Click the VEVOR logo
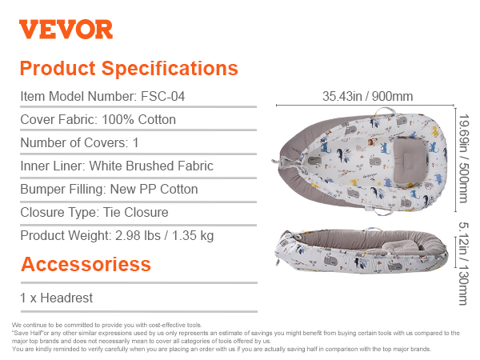66,29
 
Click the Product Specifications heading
129,68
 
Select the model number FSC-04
162,96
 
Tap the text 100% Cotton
138,119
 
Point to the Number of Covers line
79,142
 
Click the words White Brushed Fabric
151,166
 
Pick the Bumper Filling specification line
109,189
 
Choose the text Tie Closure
136,212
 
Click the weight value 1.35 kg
193,236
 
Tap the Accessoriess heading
86,264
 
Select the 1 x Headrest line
56,298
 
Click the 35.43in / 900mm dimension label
367,96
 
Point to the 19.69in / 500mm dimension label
464,158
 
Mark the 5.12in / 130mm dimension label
463,263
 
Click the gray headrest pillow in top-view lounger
410,160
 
